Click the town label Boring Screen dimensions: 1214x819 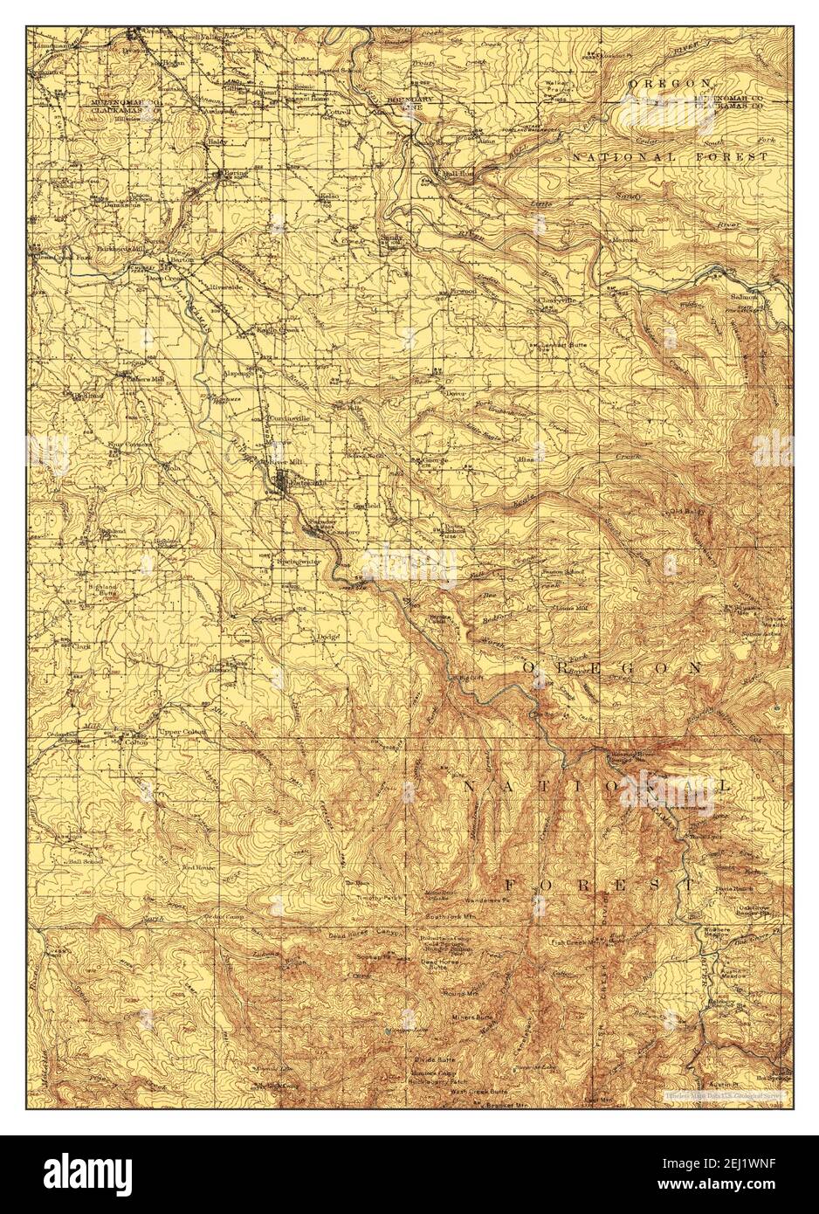236,173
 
